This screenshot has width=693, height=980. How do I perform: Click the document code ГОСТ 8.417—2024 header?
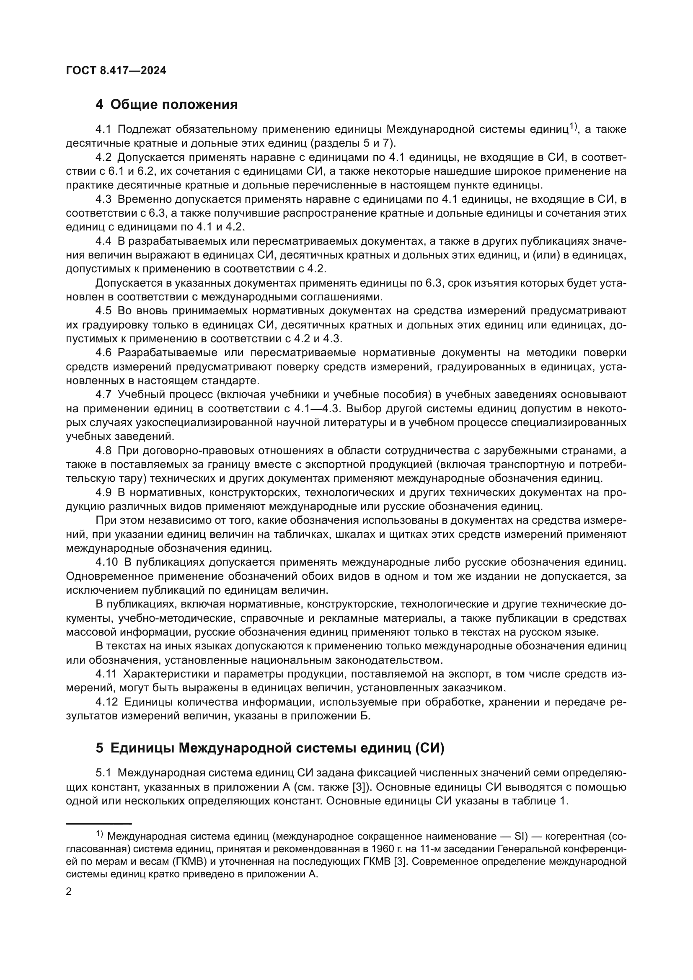(x=116, y=71)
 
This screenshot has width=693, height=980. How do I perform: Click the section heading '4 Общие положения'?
(x=166, y=105)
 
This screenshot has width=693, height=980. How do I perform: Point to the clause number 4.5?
(x=103, y=311)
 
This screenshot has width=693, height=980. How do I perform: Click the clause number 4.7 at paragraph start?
(x=103, y=394)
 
